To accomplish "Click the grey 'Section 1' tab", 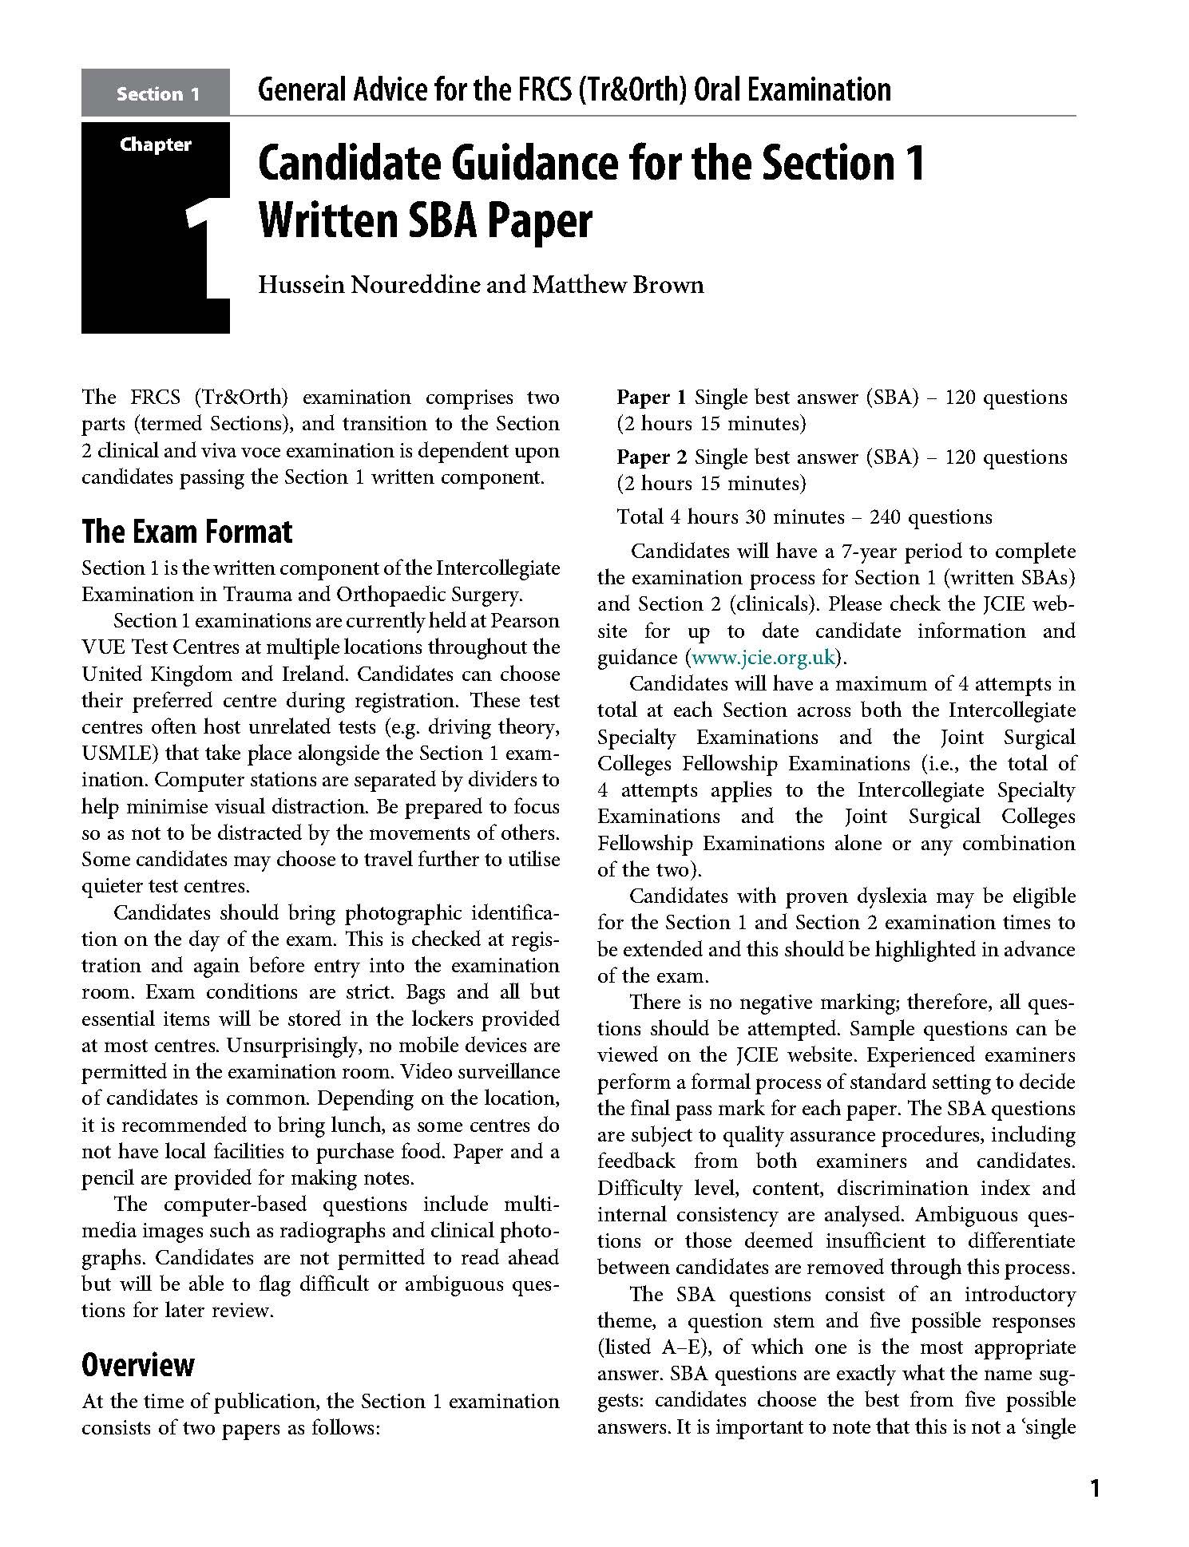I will [157, 94].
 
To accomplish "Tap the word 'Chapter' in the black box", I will [156, 144].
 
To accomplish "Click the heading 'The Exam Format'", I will [187, 532].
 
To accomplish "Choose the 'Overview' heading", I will [137, 1364].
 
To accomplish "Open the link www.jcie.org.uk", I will [763, 658].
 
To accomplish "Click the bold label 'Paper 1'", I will [652, 398].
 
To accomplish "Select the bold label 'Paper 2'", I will [652, 457].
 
